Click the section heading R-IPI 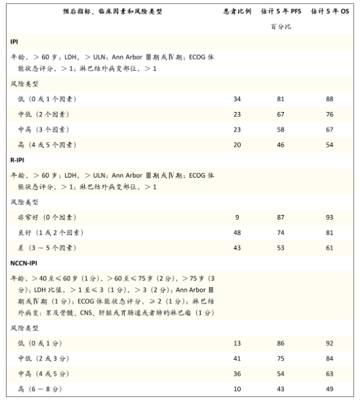coord(18,159)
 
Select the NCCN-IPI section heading coord(25,263)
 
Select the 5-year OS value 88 coord(329,99)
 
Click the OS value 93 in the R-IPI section coord(329,217)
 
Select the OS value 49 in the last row coord(329,389)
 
